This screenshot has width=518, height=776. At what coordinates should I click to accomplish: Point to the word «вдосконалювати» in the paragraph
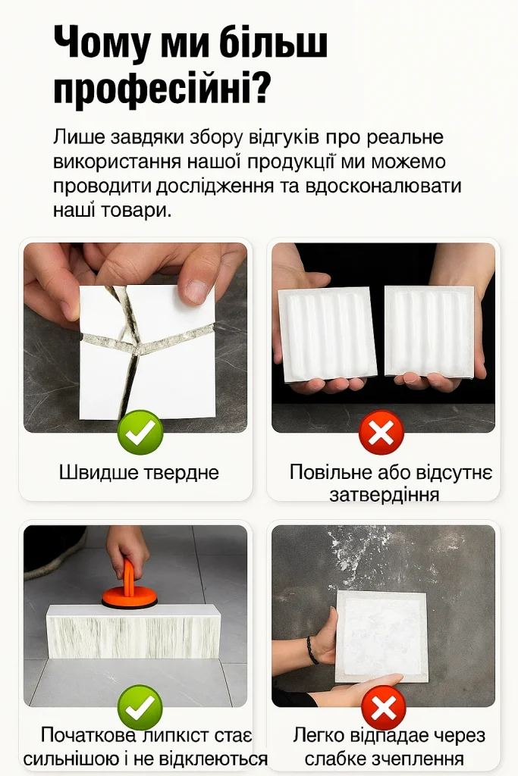384,186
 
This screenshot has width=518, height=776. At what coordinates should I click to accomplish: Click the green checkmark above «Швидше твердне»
140,433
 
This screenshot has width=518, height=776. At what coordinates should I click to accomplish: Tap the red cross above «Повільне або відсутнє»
381,433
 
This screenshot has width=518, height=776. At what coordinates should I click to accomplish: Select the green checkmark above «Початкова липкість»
140,708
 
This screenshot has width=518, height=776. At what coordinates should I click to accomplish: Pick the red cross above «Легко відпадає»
383,708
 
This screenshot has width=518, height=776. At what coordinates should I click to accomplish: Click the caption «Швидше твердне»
139,472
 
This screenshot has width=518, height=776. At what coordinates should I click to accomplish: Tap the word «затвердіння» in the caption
385,494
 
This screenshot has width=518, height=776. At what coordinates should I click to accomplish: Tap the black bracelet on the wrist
311,649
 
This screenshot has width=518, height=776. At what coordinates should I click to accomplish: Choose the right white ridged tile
429,330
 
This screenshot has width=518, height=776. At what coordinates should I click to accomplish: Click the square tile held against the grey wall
382,636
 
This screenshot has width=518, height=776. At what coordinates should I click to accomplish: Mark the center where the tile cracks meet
137,350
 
